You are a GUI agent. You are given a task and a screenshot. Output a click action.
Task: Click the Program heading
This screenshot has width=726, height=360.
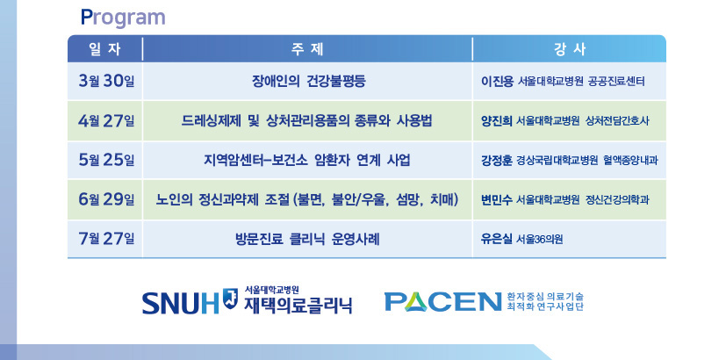coord(123,18)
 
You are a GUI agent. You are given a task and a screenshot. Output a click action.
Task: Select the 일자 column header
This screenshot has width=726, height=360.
coord(104,49)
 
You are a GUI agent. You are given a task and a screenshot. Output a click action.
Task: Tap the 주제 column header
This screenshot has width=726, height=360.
coord(307,49)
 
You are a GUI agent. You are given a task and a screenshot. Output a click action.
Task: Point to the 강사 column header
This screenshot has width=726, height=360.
coord(570,49)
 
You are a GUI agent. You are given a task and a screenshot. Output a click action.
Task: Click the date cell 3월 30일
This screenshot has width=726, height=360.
coord(106,81)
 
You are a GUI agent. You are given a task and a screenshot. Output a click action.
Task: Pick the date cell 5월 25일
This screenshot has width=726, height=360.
coord(106,160)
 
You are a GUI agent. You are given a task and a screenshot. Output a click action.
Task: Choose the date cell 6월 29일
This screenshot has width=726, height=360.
coord(106,199)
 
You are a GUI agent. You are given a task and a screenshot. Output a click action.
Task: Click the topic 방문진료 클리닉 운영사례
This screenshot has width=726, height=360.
coord(307,240)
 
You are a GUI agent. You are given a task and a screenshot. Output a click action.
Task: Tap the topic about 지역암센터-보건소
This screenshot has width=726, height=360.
coord(307,161)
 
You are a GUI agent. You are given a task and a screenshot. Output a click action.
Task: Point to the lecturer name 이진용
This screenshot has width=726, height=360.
coord(497,82)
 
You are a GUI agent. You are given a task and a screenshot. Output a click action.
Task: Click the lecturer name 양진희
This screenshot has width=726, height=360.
coord(497,121)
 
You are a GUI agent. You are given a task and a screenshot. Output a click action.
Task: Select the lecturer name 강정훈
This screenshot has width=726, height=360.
coord(497,161)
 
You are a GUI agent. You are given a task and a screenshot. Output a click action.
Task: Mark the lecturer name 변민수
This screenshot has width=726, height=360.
coord(497,199)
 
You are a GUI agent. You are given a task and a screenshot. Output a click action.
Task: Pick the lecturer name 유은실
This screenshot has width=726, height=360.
coord(497,240)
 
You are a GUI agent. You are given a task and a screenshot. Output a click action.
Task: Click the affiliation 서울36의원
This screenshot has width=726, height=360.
coord(539,240)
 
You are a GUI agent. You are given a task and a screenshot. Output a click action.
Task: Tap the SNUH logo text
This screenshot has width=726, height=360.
coord(181,303)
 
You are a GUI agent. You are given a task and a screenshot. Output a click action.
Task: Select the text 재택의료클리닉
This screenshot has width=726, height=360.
coord(298,305)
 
